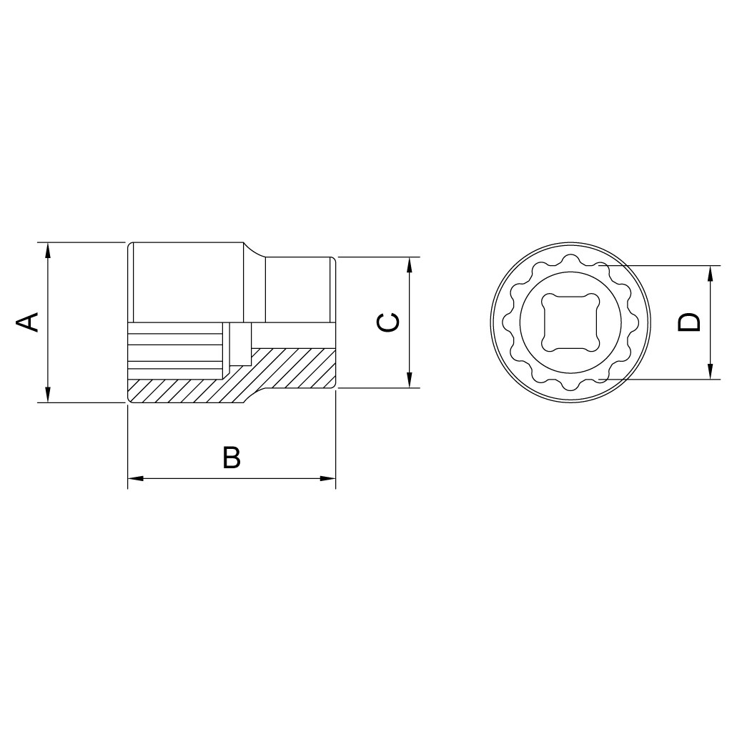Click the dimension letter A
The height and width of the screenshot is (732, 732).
(27, 322)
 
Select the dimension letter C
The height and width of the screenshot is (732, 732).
(388, 322)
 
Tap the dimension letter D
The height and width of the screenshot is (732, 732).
(689, 322)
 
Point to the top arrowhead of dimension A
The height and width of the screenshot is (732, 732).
(47, 250)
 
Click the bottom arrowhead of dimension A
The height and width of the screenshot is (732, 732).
(47, 395)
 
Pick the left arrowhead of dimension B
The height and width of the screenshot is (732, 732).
(135, 478)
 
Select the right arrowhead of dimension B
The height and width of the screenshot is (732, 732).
(327, 478)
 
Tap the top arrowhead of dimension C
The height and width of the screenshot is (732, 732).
(410, 264)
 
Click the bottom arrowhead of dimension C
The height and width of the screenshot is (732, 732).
(410, 380)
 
